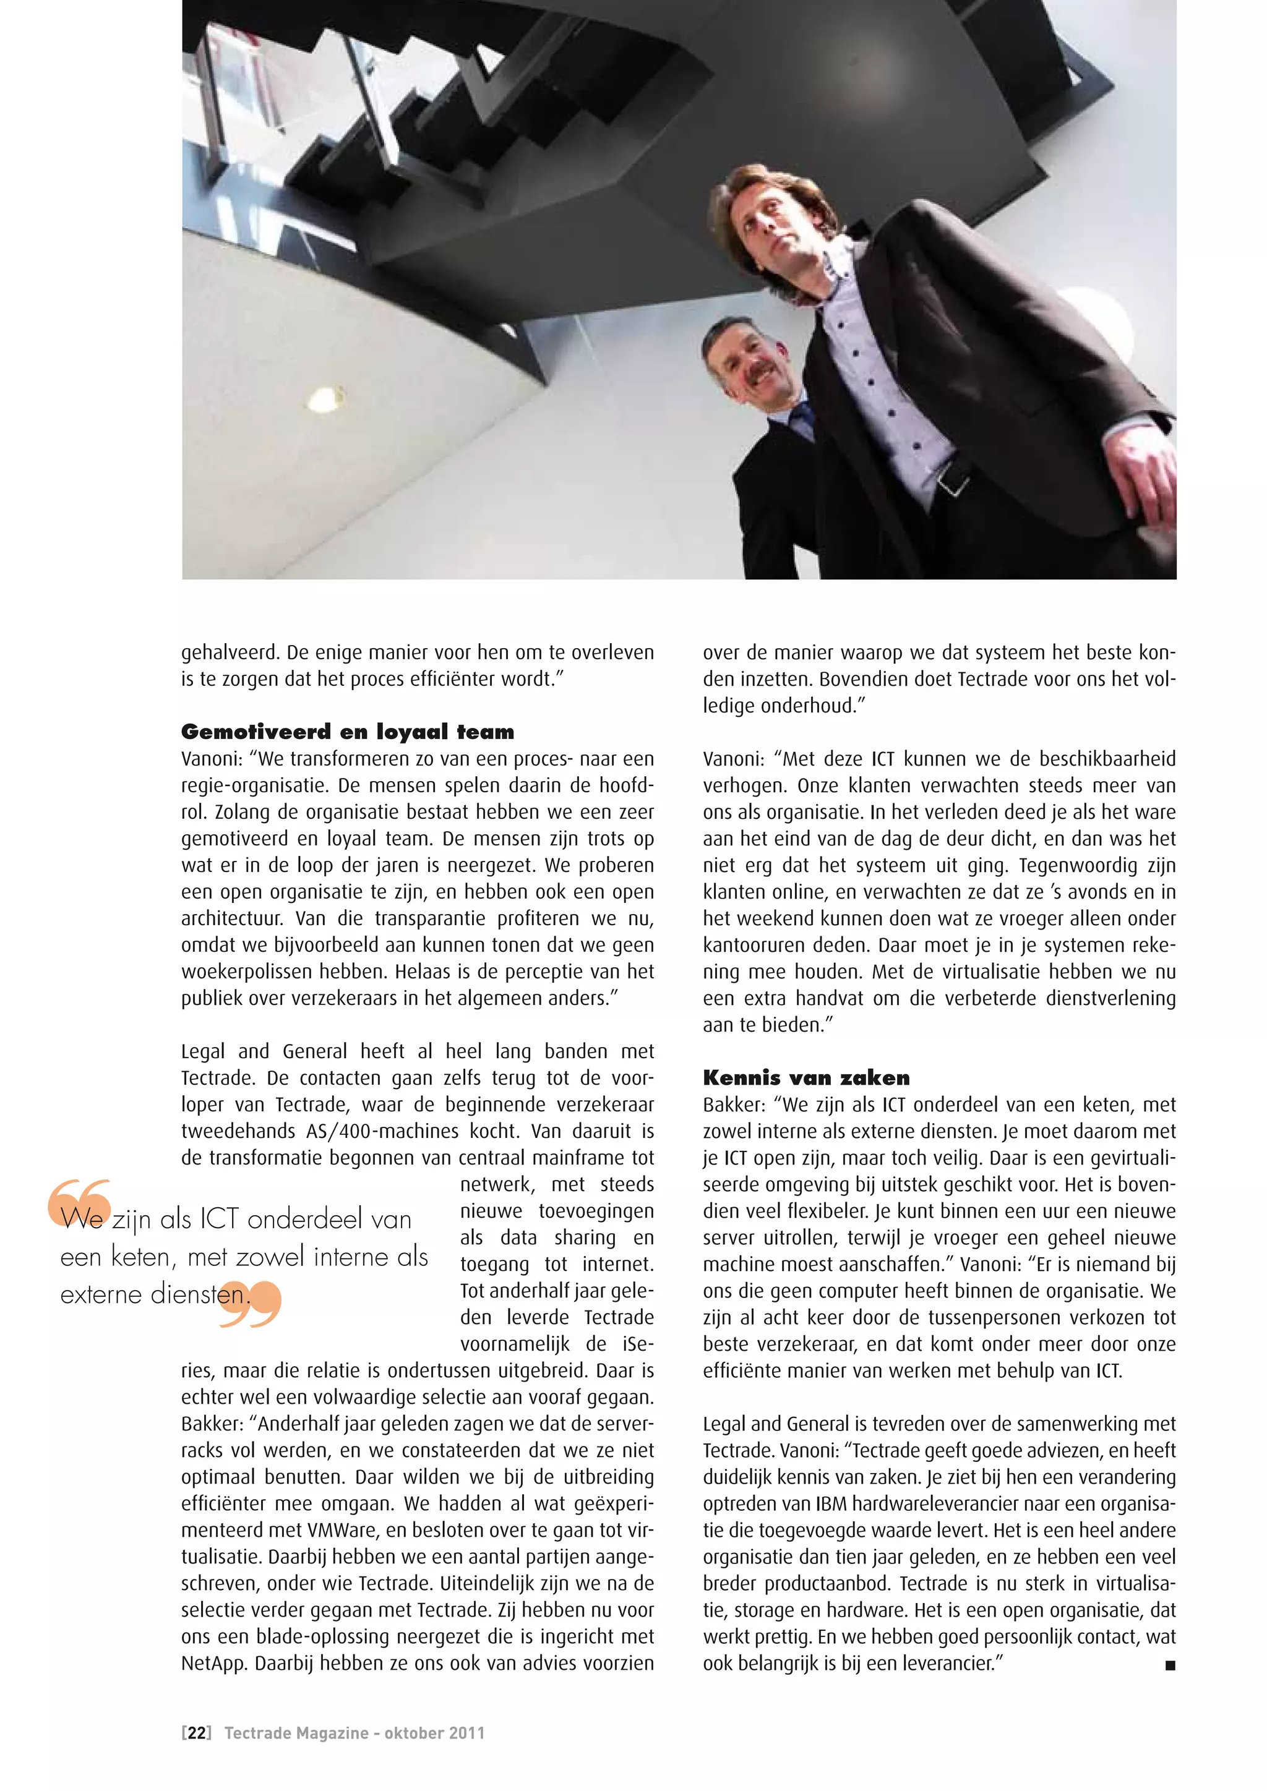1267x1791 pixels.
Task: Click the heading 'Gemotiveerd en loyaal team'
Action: click(347, 732)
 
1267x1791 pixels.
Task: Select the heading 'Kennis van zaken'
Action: click(806, 1078)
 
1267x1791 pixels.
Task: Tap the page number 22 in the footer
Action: click(197, 1733)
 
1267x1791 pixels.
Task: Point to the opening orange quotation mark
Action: click(79, 1201)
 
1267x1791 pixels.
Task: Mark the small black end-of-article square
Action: click(1169, 1665)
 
